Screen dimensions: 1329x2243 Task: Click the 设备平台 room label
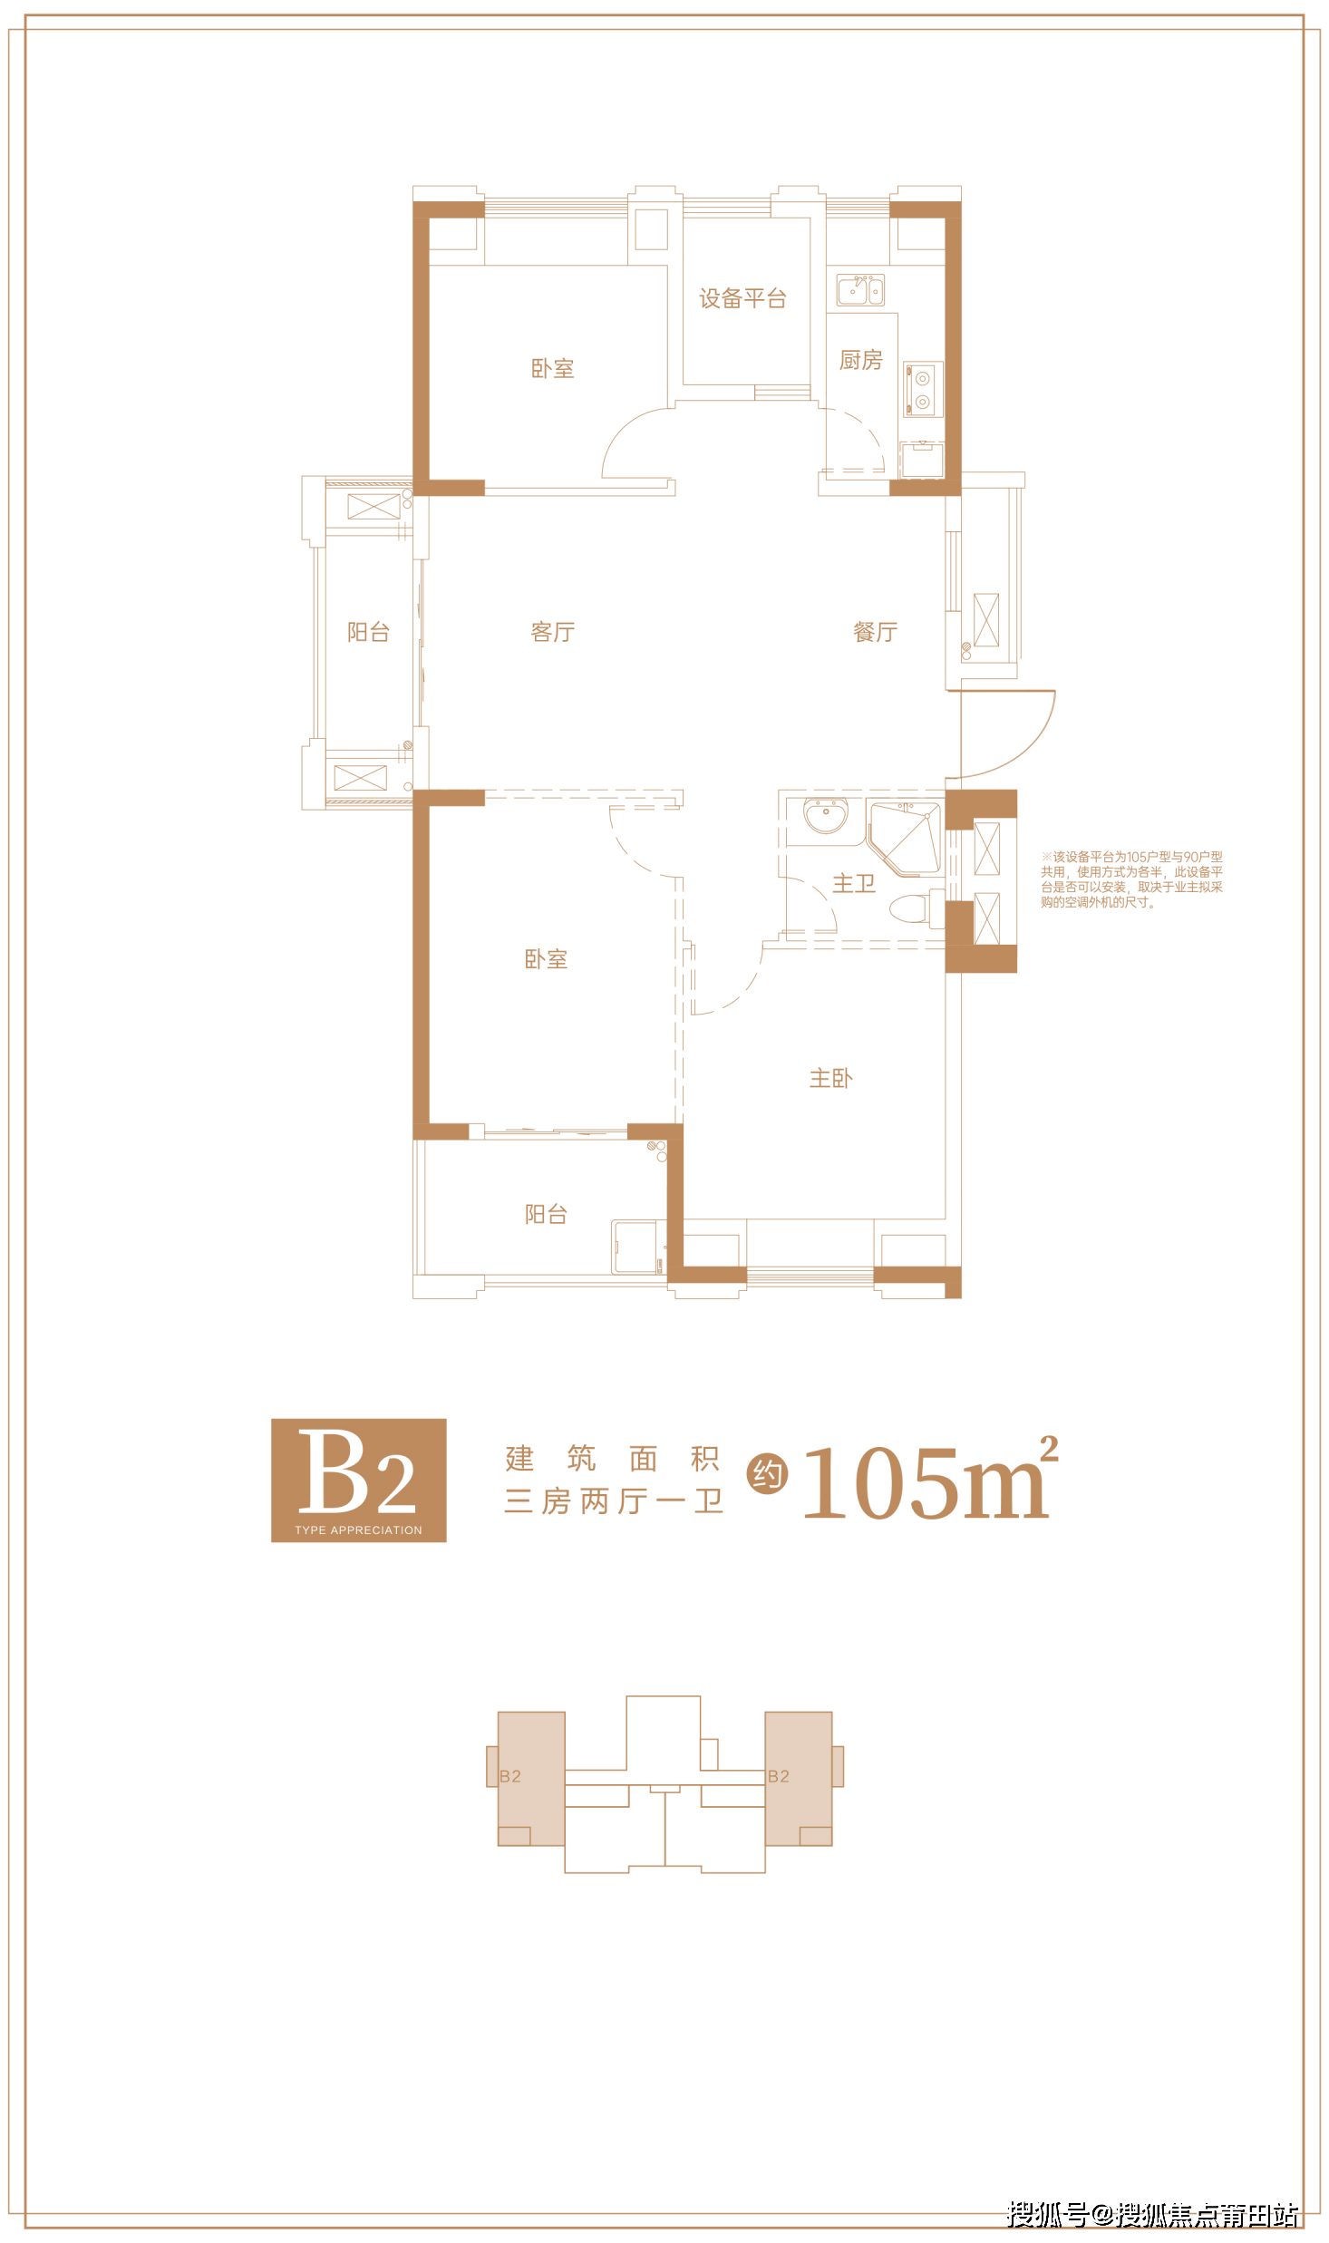[x=742, y=298]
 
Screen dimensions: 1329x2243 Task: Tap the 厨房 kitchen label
[x=860, y=360]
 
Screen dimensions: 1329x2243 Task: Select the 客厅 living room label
[x=552, y=632]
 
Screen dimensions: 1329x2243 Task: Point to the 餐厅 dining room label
[x=875, y=632]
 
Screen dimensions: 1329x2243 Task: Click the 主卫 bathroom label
[x=854, y=884]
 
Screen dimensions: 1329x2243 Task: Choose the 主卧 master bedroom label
[x=830, y=1078]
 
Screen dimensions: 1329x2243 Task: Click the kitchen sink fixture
[x=860, y=290]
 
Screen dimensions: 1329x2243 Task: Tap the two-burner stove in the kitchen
[x=923, y=390]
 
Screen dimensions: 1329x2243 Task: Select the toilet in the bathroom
[x=911, y=908]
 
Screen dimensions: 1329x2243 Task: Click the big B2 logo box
[x=359, y=1480]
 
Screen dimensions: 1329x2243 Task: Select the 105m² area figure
[x=930, y=1480]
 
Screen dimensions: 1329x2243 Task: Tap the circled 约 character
[x=767, y=1474]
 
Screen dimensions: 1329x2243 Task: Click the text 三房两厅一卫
[x=614, y=1501]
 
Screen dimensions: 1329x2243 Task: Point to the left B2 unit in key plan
[x=530, y=1778]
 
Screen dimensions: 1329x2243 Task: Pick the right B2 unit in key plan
[x=799, y=1778]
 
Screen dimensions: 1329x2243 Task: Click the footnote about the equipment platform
[x=1131, y=879]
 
